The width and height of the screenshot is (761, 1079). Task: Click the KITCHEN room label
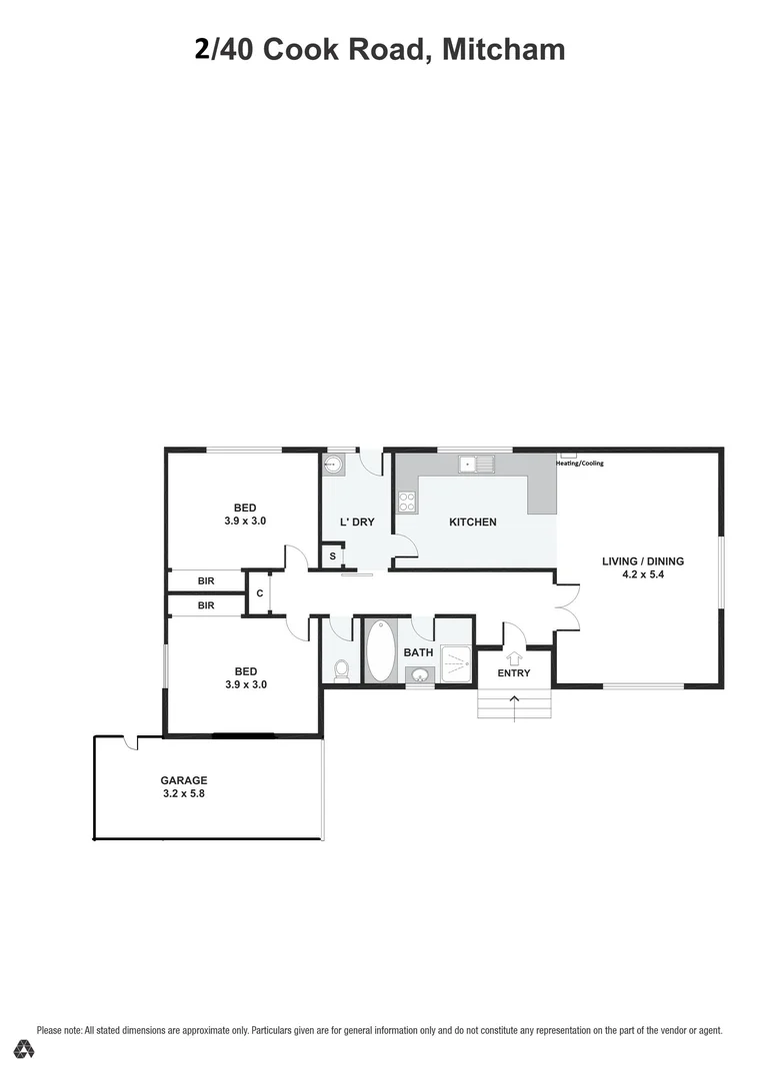(472, 522)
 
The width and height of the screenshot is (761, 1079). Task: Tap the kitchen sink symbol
(475, 464)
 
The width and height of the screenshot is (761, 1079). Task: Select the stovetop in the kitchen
(407, 502)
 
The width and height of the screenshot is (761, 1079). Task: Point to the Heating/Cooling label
(580, 463)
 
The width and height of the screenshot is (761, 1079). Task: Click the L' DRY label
(355, 522)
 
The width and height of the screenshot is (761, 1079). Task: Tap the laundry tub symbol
(334, 465)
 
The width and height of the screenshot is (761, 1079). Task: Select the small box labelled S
(332, 556)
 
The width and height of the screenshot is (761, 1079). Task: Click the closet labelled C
(259, 593)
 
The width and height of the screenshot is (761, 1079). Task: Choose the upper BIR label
(206, 580)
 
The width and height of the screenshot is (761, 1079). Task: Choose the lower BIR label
(206, 605)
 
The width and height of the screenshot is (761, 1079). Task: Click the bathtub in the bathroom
(380, 650)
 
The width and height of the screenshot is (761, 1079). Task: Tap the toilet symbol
(341, 668)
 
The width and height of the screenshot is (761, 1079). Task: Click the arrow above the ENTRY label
(514, 656)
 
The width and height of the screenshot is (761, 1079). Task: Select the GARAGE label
(184, 780)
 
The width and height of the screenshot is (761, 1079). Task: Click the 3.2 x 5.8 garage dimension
(184, 794)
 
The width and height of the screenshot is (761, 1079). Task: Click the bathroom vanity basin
(419, 675)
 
